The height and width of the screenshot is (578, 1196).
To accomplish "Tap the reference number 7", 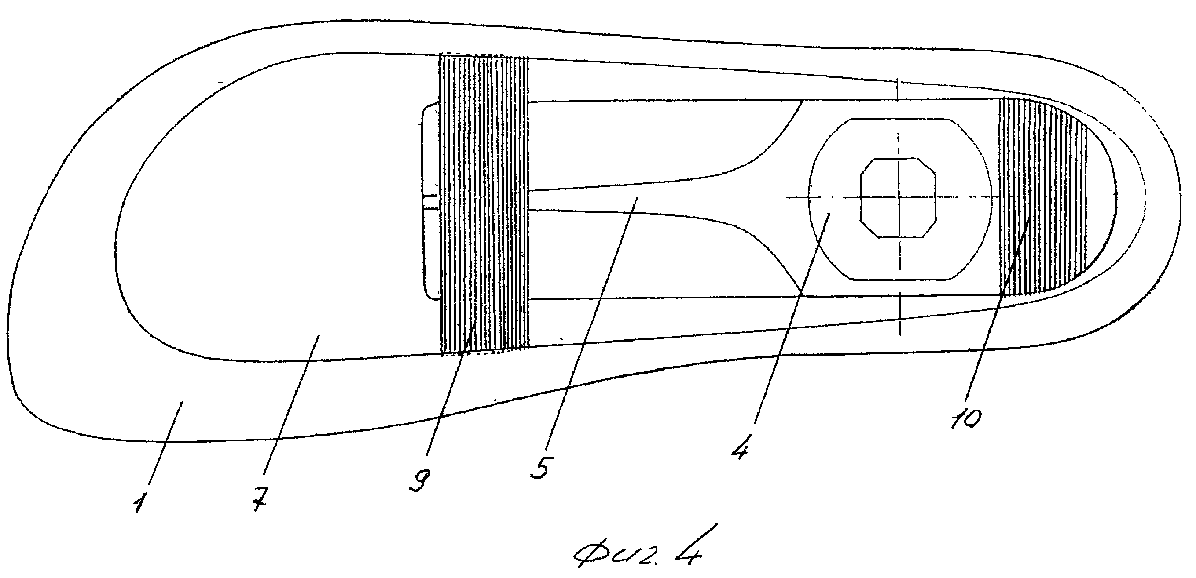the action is point(261,501).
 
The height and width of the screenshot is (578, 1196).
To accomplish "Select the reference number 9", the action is point(420,480).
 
